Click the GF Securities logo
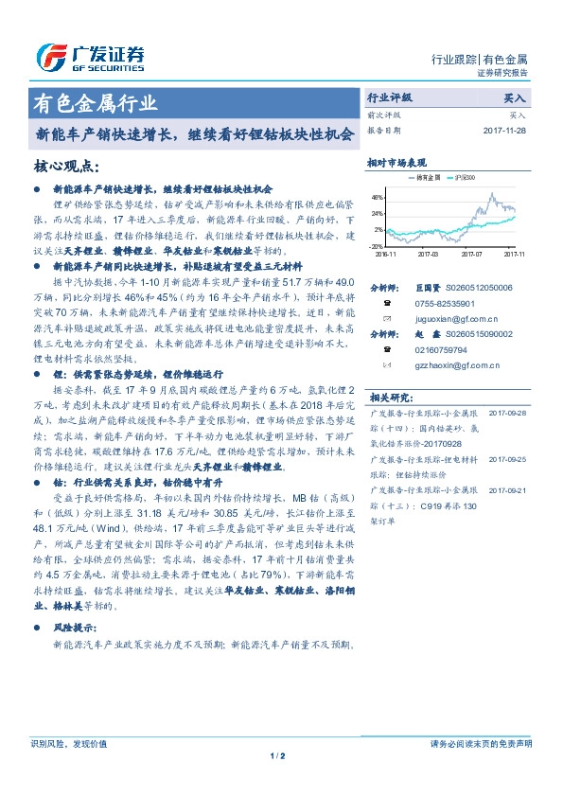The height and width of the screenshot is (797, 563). point(90,58)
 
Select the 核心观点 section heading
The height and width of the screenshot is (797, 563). point(67,166)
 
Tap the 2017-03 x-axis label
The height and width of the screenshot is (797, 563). point(428,254)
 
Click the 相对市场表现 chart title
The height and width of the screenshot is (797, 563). point(397,163)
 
